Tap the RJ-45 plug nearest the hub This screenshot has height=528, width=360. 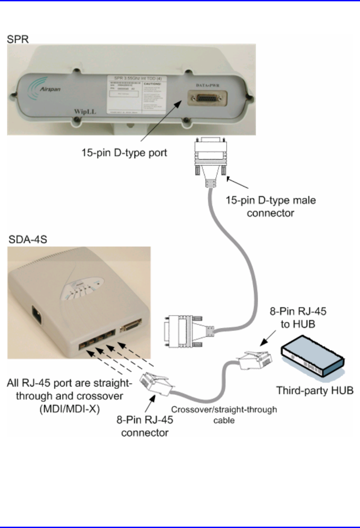coord(256,360)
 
